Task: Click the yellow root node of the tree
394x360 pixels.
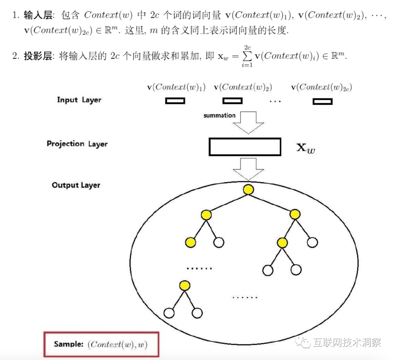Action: [x=248, y=189]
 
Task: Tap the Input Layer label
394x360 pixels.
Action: [x=79, y=100]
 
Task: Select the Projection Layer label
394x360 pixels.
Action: [x=77, y=144]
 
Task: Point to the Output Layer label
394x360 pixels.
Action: [x=76, y=185]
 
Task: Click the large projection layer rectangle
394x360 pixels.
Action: [x=245, y=147]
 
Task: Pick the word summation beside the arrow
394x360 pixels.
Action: [x=219, y=116]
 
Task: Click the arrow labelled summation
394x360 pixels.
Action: [x=248, y=122]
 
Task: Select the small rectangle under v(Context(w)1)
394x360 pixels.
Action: [x=175, y=101]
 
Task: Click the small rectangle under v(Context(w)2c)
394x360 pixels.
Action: [x=322, y=101]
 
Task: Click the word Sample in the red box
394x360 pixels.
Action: [x=69, y=344]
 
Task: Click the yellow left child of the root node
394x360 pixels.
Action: [x=206, y=215]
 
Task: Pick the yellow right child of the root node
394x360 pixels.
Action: [x=295, y=215]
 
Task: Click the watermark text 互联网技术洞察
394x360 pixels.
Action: [x=347, y=343]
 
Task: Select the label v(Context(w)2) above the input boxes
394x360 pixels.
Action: [x=243, y=87]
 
